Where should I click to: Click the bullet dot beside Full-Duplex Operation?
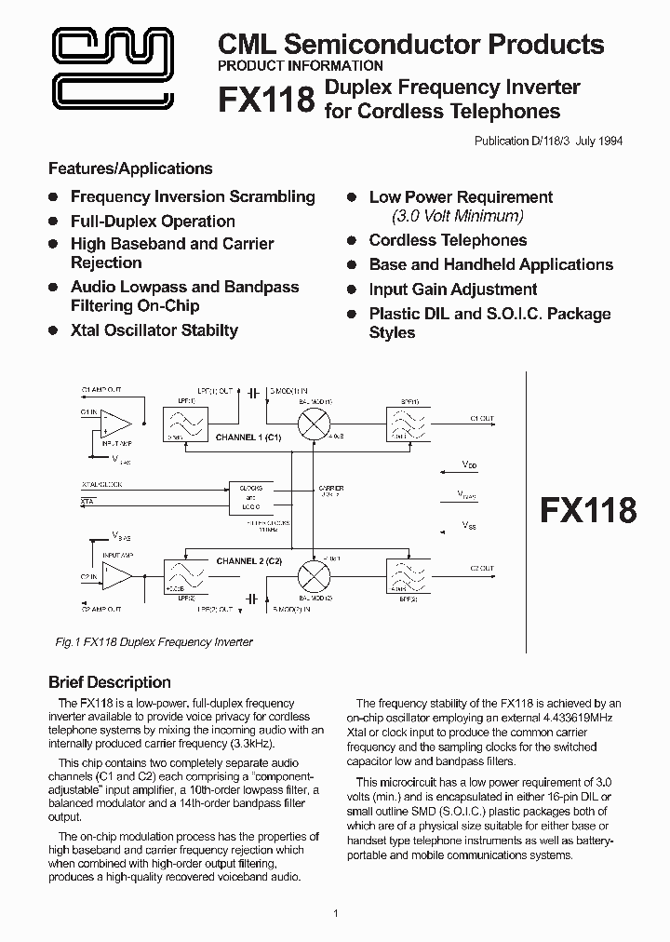click(x=53, y=221)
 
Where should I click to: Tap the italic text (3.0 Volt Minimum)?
click(x=458, y=216)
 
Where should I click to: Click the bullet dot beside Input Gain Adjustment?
click(x=352, y=289)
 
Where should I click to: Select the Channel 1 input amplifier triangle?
click(x=116, y=423)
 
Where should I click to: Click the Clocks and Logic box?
click(x=250, y=496)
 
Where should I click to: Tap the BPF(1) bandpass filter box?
click(x=406, y=424)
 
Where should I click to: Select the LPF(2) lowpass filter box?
click(x=184, y=575)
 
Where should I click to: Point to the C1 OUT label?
click(x=483, y=419)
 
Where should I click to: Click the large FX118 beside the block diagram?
click(x=589, y=510)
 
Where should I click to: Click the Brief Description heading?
click(x=110, y=682)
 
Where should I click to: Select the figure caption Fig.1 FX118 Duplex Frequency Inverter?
click(x=150, y=642)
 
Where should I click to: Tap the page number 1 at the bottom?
click(x=335, y=913)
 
